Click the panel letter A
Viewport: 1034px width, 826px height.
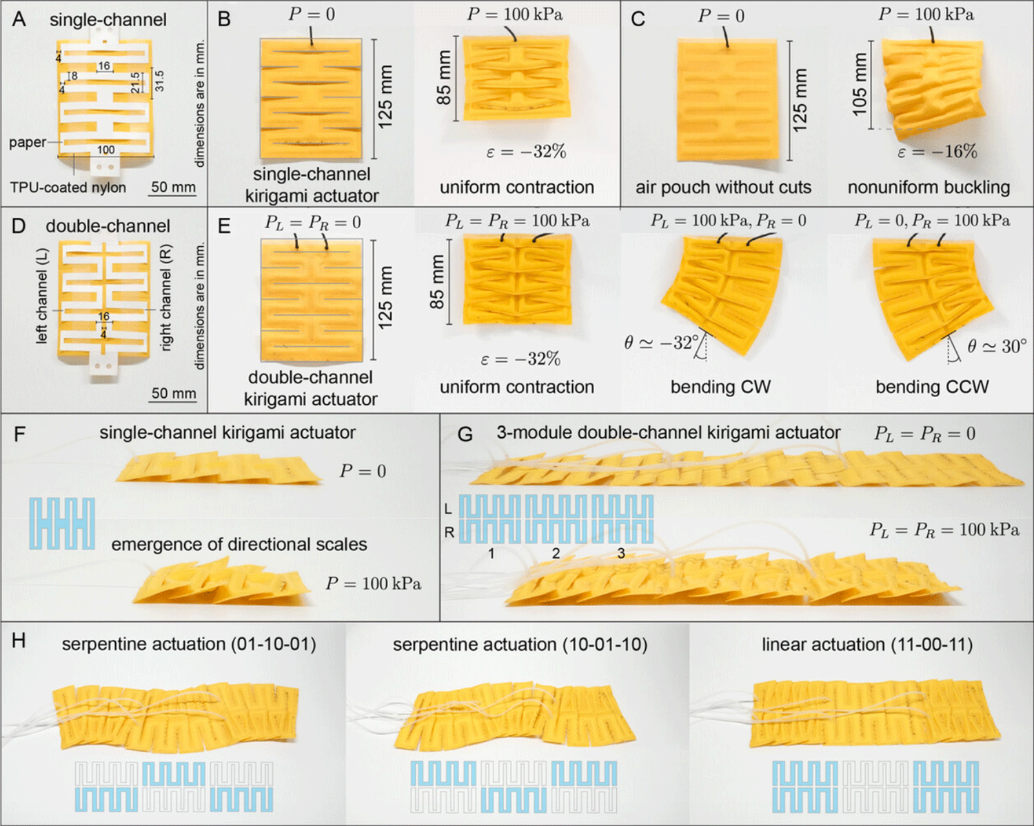tap(19, 19)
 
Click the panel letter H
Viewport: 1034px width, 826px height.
tap(19, 641)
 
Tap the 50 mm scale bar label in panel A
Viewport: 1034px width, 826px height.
tap(173, 187)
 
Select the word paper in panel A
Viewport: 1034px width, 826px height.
tap(28, 143)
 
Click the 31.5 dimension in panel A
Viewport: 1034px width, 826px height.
tap(159, 81)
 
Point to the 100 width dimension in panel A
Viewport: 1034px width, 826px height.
tap(105, 150)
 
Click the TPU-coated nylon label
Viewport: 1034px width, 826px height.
tap(68, 188)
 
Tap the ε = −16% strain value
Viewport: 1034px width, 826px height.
tap(937, 152)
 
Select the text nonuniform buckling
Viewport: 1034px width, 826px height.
tap(929, 188)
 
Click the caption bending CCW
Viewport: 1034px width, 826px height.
tap(932, 387)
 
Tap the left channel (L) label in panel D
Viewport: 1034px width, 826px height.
tap(42, 296)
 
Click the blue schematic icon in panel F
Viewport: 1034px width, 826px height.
tap(62, 524)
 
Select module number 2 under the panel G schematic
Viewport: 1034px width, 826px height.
tap(556, 554)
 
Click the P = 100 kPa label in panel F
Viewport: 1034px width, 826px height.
tap(373, 584)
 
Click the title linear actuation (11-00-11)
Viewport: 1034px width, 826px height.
tap(867, 645)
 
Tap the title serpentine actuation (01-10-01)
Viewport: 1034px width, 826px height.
tap(189, 644)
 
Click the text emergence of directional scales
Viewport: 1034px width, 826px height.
tap(239, 545)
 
